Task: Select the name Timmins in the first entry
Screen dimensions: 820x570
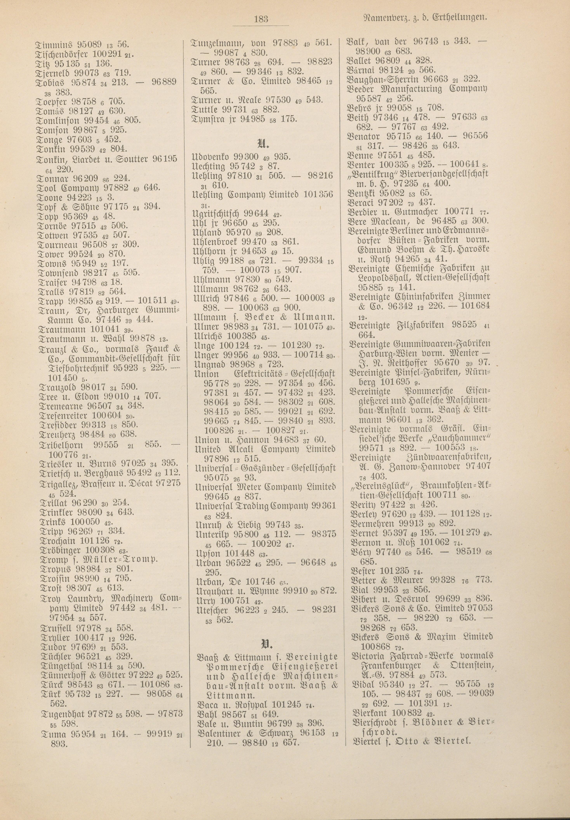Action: point(50,45)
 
